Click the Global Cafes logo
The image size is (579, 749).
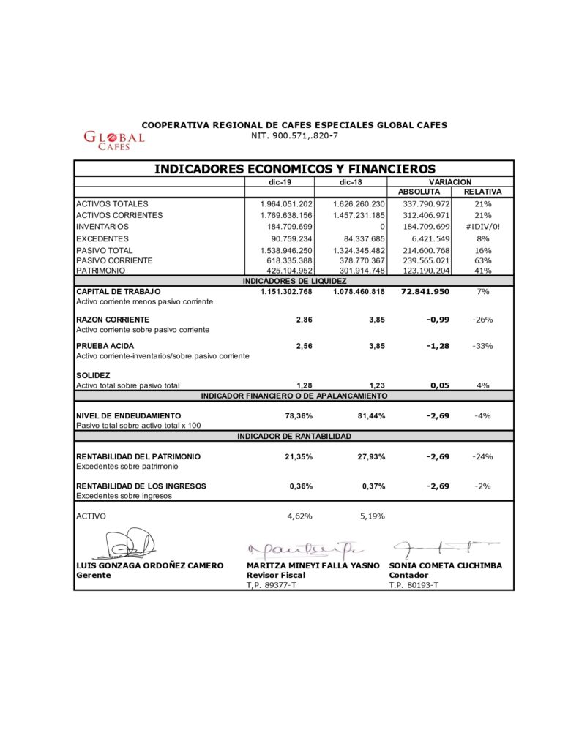tap(113, 140)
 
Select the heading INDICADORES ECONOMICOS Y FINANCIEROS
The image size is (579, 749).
tap(294, 169)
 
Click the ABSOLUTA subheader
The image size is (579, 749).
tap(419, 192)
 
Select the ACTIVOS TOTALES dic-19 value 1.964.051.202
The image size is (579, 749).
tap(286, 203)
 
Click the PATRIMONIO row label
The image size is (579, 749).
tap(102, 271)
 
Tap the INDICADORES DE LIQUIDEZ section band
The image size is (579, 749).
tap(294, 281)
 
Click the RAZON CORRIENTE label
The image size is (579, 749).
tap(113, 320)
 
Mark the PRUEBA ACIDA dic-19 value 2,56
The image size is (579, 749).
tap(304, 346)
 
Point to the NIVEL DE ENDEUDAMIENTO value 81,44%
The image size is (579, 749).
tap(370, 415)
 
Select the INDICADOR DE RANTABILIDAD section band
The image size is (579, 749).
tap(294, 436)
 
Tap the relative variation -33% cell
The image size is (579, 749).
tap(482, 346)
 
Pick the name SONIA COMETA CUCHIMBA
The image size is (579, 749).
tap(446, 565)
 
